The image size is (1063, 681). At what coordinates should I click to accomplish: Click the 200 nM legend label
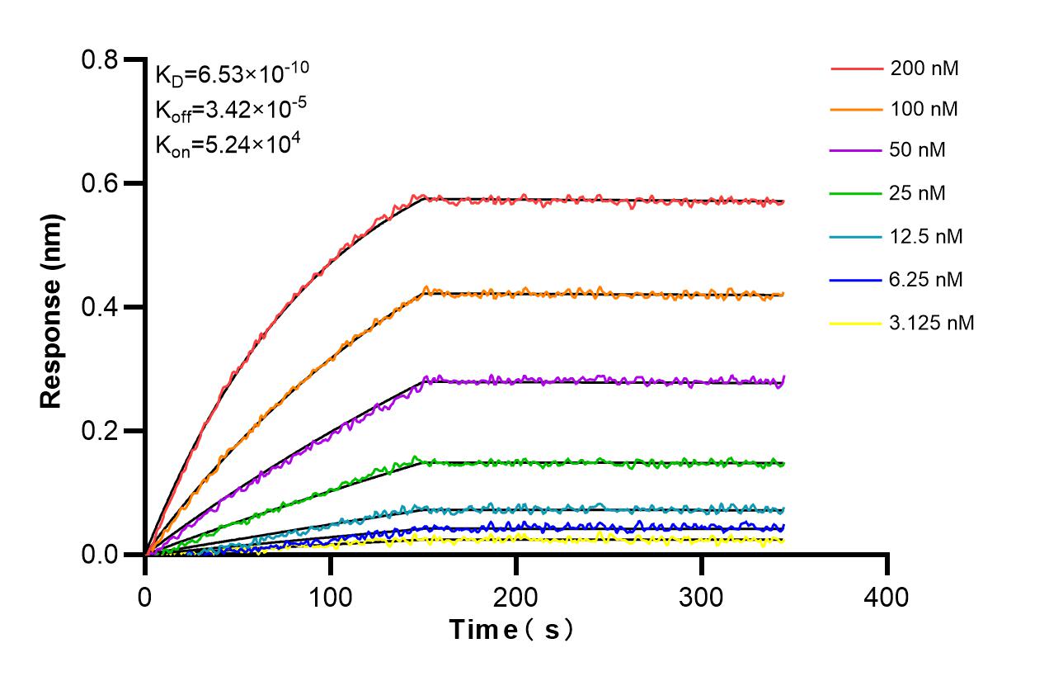click(924, 69)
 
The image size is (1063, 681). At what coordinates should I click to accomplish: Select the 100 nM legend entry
click(924, 109)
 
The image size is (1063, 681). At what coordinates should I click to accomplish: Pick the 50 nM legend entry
click(918, 151)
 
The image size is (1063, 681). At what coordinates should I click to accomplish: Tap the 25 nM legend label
click(918, 194)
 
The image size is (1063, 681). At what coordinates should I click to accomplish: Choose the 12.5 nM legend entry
click(926, 237)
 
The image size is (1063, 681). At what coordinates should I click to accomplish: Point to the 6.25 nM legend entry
click(926, 280)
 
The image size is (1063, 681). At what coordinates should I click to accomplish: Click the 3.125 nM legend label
click(932, 323)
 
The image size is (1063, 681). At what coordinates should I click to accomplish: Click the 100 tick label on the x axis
click(331, 596)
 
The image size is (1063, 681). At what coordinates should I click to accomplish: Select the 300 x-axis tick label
click(702, 596)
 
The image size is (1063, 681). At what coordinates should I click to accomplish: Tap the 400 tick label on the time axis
click(887, 596)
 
